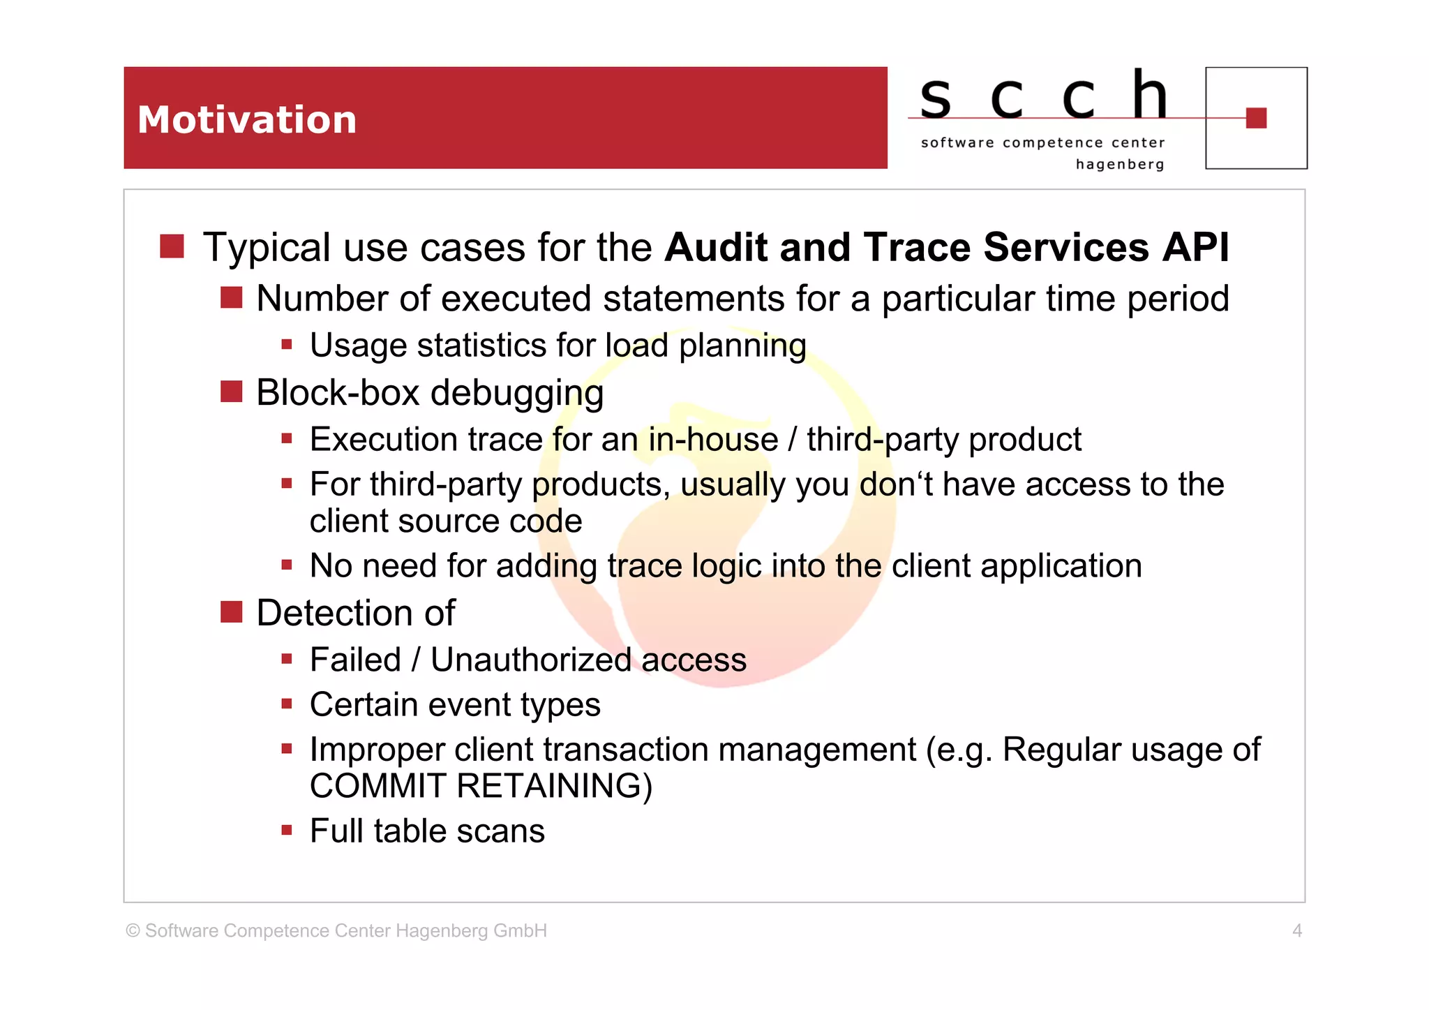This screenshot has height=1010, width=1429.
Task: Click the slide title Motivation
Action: tap(247, 120)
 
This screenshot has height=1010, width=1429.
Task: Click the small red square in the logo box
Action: tap(1256, 118)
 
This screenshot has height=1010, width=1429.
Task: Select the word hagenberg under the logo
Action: tap(1120, 165)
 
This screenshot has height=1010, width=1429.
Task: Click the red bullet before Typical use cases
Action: tap(172, 246)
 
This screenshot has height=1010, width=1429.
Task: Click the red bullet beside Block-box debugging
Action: tap(231, 392)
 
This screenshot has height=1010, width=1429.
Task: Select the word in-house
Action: tap(712, 440)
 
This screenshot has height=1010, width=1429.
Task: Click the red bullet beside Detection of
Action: tap(231, 612)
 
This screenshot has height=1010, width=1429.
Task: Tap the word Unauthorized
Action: tap(530, 660)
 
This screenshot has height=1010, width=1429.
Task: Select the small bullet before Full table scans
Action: tap(286, 831)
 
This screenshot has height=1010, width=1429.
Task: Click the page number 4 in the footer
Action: tap(1296, 930)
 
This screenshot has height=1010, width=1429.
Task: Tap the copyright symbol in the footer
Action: tap(133, 930)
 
